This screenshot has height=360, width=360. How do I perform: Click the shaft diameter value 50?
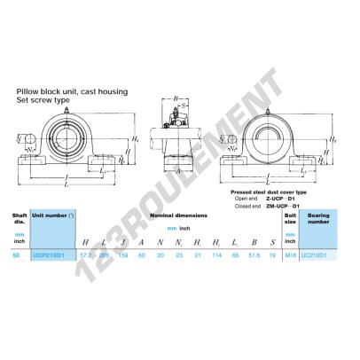[x=15, y=254]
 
